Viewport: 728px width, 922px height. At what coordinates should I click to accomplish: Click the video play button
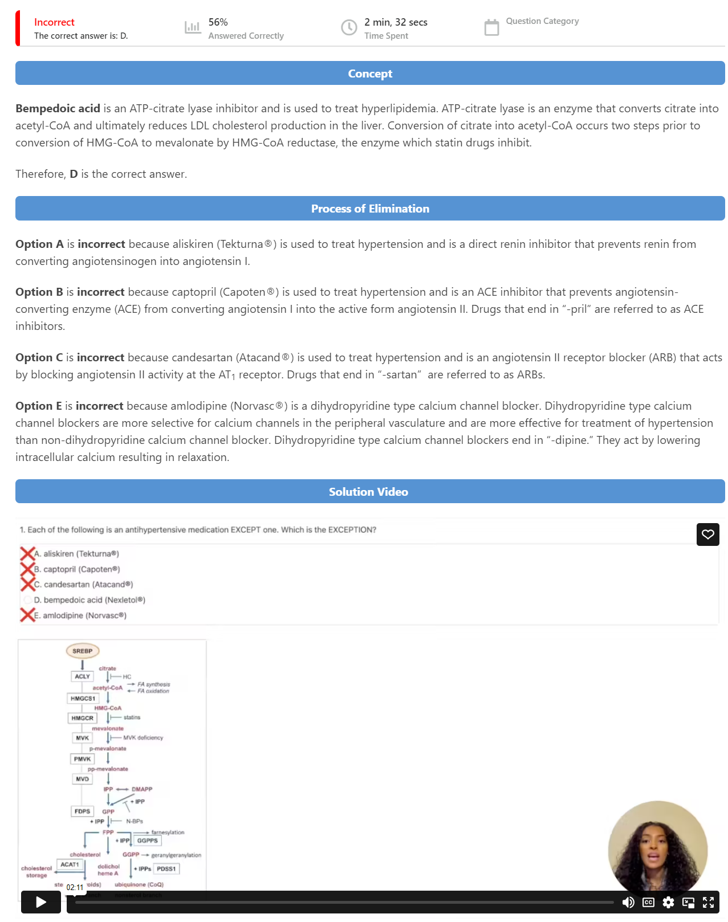(x=41, y=902)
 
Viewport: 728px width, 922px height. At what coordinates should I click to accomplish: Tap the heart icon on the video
(x=707, y=535)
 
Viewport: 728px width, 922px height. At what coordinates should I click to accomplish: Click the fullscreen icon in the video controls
(x=708, y=902)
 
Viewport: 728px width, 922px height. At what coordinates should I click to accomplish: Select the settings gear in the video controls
(x=668, y=902)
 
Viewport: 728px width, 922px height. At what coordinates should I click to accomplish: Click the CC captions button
(x=648, y=902)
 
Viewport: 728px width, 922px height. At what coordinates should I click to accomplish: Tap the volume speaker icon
(x=628, y=902)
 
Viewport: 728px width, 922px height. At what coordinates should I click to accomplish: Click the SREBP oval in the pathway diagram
(x=83, y=651)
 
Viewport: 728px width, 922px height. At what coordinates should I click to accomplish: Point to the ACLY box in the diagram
(x=82, y=676)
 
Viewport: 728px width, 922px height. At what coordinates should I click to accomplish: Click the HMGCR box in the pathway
(x=82, y=718)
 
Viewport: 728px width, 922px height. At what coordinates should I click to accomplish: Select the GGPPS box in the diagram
(x=147, y=841)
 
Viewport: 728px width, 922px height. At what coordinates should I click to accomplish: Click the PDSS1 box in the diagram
(x=166, y=869)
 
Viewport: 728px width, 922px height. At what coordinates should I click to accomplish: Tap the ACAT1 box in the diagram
(x=70, y=864)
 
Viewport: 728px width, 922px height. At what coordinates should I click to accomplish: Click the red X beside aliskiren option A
(x=27, y=553)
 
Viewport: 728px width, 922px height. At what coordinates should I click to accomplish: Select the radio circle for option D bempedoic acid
(x=27, y=600)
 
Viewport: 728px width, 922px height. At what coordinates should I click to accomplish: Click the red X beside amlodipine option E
(x=27, y=615)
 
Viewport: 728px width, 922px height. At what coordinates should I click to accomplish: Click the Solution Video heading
(x=369, y=492)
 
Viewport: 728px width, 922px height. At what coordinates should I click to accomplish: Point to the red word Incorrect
(x=54, y=22)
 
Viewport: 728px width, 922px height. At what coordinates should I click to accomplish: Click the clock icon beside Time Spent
(x=349, y=27)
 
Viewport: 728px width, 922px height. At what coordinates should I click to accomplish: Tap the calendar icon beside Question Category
(x=491, y=27)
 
